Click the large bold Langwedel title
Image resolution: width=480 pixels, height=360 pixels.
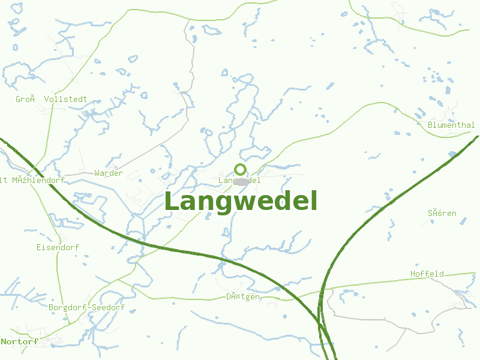tap(241, 202)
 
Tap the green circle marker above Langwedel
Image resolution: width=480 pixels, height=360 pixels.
tap(241, 169)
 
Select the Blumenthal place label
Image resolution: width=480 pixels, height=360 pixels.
tap(451, 125)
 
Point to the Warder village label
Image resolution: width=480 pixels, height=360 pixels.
tap(109, 173)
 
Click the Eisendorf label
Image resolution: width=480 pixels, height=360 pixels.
tap(58, 247)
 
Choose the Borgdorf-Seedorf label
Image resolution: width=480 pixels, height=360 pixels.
tap(86, 308)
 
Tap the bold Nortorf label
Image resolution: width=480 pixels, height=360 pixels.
tap(20, 341)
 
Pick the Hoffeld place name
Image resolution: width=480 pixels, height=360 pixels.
tap(427, 274)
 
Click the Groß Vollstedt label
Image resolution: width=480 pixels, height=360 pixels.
tap(52, 99)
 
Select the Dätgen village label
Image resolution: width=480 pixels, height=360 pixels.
tap(243, 297)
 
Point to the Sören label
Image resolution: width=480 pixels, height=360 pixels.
tap(442, 214)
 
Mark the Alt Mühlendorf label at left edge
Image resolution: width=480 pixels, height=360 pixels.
tap(32, 180)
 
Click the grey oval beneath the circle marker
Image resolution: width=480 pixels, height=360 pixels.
tap(241, 182)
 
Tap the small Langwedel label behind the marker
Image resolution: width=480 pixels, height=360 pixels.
tap(239, 180)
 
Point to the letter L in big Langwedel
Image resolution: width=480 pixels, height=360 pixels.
tap(172, 202)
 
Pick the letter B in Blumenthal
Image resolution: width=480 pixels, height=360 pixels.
tap(431, 125)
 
